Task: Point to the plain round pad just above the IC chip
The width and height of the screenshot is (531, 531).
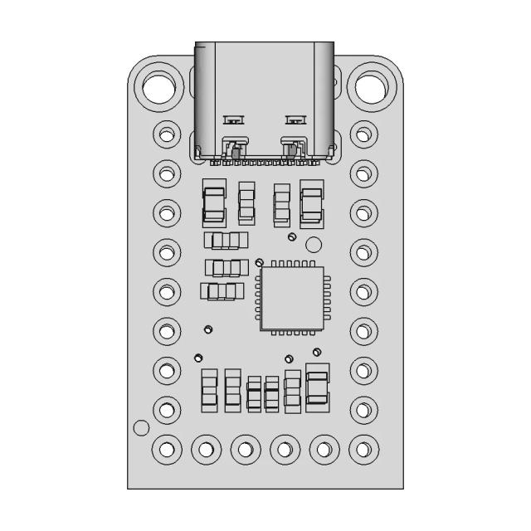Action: [x=314, y=245]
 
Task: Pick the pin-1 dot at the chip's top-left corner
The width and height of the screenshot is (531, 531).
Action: [x=259, y=262]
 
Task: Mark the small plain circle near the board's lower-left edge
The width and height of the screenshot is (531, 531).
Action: [x=141, y=428]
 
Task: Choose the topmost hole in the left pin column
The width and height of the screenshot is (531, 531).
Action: [x=168, y=133]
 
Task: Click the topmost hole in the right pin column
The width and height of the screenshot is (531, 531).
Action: [x=363, y=133]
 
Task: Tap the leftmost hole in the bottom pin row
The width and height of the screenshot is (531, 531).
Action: [x=168, y=450]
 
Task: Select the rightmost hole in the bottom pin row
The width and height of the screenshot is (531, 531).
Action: [x=363, y=450]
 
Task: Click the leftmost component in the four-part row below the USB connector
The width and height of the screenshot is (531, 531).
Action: [x=214, y=204]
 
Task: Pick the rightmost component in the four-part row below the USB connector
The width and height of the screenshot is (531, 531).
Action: [x=312, y=204]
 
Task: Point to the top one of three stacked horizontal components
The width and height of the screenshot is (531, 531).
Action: [x=226, y=241]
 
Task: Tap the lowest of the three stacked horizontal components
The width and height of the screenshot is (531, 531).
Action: [x=222, y=291]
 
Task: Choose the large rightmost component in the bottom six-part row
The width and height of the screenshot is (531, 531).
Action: [x=317, y=387]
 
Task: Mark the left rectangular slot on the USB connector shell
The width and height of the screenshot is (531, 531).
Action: [x=234, y=119]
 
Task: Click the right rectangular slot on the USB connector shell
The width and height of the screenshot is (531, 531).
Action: [x=295, y=119]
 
